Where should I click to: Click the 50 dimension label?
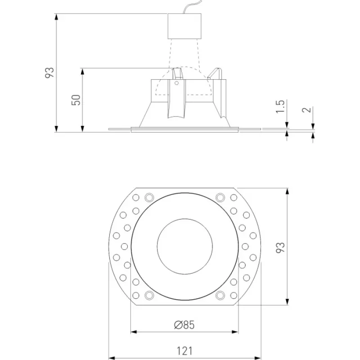[76, 100]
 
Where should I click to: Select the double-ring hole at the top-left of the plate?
[149, 197]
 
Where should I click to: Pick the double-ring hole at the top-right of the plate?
[220, 197]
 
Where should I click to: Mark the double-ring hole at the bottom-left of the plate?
[149, 295]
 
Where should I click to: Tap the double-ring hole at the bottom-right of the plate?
[220, 295]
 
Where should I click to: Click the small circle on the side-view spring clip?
[176, 83]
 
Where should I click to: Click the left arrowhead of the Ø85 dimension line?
[133, 333]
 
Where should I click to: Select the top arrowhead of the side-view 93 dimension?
[57, 17]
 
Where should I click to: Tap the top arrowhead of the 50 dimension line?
[83, 71]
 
